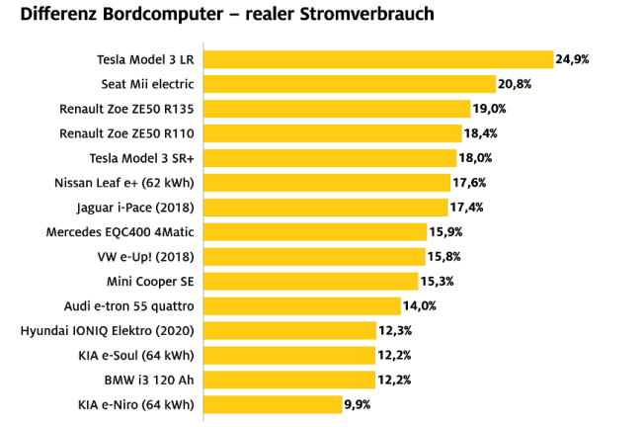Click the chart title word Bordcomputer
pyautogui.click(x=149, y=15)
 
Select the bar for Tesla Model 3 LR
pyautogui.click(x=378, y=59)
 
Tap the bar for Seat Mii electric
pyautogui.click(x=350, y=84)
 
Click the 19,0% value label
pyautogui.click(x=490, y=109)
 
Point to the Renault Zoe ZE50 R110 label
pyautogui.click(x=127, y=133)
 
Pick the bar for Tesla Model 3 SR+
pyautogui.click(x=331, y=158)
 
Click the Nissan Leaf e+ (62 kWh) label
pyautogui.click(x=124, y=183)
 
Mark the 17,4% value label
pyautogui.click(x=467, y=208)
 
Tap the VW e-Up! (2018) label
pyautogui.click(x=146, y=257)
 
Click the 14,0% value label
pyautogui.click(x=421, y=305)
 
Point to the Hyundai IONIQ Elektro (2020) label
pyautogui.click(x=108, y=330)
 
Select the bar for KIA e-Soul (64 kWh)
pyautogui.click(x=290, y=355)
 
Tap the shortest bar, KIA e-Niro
pyautogui.click(x=273, y=404)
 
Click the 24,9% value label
pyautogui.click(x=573, y=59)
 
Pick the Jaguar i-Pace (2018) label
pyautogui.click(x=135, y=208)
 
